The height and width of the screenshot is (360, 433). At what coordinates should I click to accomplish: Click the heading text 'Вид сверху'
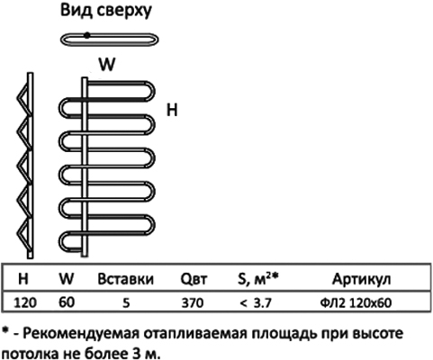[106, 11]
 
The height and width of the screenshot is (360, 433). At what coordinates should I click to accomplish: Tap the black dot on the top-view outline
[86, 35]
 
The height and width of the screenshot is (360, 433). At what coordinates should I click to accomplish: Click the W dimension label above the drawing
[107, 64]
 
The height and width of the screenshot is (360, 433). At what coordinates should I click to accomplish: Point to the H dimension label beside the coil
[172, 110]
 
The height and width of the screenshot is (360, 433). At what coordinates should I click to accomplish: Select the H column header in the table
[23, 279]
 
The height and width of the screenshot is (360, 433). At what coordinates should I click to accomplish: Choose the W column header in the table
[67, 279]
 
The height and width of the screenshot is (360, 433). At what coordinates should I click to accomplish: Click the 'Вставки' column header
[125, 279]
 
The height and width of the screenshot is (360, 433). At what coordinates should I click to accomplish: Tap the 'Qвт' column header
[194, 279]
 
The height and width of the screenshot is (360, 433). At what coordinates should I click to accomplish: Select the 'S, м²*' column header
[258, 279]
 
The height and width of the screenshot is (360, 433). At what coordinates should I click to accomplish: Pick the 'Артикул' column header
[361, 279]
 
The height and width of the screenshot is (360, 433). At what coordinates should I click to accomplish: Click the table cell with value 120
[25, 302]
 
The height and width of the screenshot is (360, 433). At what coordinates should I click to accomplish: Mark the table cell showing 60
[67, 302]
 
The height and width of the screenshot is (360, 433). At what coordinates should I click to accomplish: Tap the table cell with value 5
[126, 303]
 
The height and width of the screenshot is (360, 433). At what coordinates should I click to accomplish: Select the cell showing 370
[193, 303]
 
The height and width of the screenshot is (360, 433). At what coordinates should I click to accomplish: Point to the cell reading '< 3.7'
[256, 303]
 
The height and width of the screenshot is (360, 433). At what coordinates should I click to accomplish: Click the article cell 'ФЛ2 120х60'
[356, 303]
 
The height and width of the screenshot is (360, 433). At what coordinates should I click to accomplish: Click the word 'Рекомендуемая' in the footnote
[81, 334]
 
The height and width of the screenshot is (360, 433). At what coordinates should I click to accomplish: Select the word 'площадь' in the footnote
[284, 334]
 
